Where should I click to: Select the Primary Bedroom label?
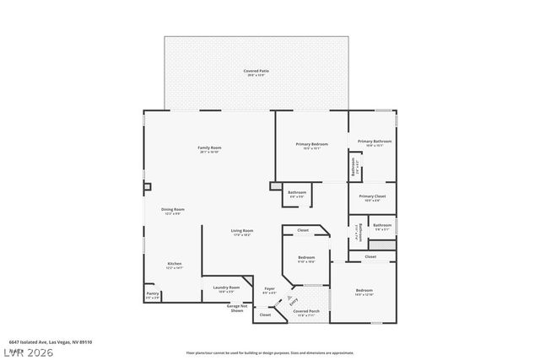[311, 144]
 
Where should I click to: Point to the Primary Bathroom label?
[371, 142]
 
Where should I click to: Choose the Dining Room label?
[173, 209]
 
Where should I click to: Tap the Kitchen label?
[175, 264]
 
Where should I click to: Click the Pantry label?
[152, 295]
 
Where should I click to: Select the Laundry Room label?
[226, 287]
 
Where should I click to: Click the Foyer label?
[270, 288]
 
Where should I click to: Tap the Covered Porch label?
[305, 311]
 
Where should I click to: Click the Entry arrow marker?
[292, 299]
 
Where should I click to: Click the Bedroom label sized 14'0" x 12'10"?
[364, 291]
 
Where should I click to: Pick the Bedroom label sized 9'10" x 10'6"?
[305, 258]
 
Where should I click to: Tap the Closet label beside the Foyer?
[265, 314]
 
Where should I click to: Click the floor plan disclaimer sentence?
[282, 352]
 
